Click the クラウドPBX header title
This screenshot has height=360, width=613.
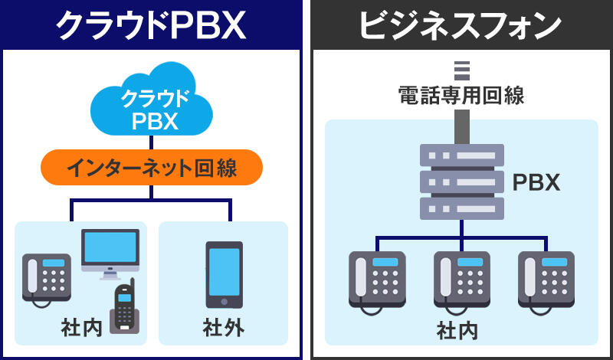(151, 26)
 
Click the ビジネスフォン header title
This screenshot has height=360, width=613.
(461, 26)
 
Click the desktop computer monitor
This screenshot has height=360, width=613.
(110, 253)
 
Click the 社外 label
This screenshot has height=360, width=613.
(224, 329)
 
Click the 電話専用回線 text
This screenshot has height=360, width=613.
(461, 96)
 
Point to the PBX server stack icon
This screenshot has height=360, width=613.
(461, 182)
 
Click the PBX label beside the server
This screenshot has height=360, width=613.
(536, 183)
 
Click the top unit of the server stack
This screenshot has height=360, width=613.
(461, 155)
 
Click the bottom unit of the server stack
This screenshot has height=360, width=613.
(461, 208)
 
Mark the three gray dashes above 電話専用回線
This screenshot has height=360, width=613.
(461, 70)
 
